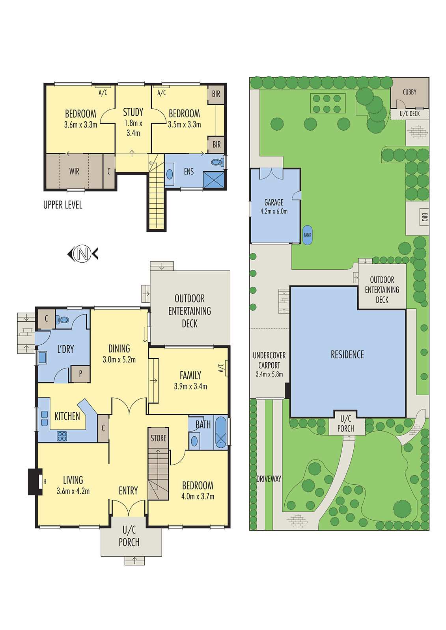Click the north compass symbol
[82, 254]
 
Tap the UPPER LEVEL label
[63, 205]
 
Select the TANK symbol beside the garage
[307, 235]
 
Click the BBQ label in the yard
[424, 217]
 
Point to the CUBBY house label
[409, 92]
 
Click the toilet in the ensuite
[216, 162]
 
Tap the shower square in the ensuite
[213, 180]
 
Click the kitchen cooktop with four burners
[62, 436]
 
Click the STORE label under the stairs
[159, 438]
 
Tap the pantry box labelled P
[80, 374]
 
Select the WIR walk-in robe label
[74, 172]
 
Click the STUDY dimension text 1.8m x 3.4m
[133, 128]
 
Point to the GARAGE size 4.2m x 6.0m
[274, 211]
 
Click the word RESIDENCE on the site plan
[347, 355]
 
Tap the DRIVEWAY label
[269, 479]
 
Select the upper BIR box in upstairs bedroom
[216, 94]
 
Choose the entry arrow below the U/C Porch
[134, 560]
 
